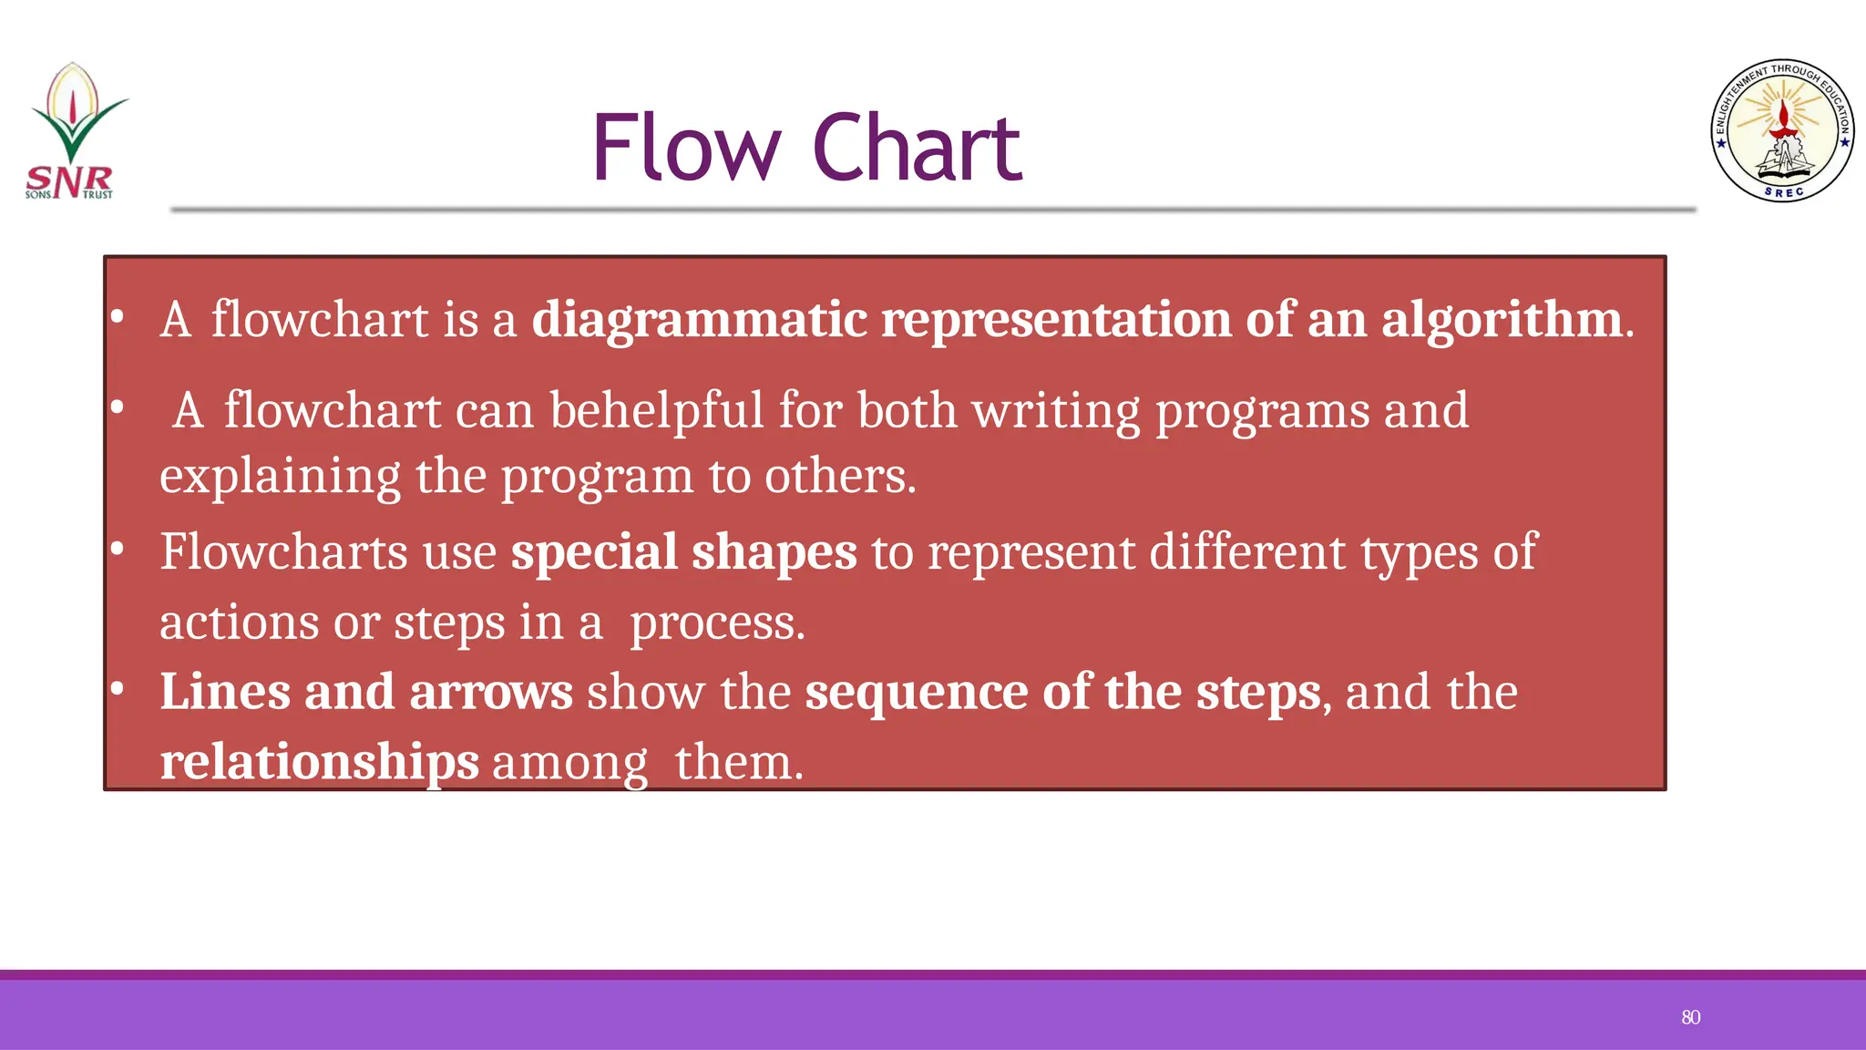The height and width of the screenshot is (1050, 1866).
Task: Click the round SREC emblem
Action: pos(1782,130)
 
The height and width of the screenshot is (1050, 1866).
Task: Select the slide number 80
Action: pos(1690,1017)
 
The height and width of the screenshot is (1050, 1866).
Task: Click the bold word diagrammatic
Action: pos(699,321)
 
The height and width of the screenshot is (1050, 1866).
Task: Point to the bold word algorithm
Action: pos(1501,321)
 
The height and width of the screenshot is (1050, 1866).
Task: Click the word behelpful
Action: pos(656,411)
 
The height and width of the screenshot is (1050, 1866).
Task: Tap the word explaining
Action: pos(280,477)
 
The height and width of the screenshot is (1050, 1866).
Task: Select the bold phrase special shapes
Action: pos(683,552)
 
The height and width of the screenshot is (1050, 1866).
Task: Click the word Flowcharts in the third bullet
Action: pos(283,552)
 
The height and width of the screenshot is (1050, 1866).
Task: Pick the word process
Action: pos(716,623)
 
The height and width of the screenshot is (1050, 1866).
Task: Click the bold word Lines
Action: pos(225,692)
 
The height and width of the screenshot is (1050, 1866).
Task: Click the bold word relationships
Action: pos(319,762)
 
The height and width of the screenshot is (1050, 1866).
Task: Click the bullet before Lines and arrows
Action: pos(117,689)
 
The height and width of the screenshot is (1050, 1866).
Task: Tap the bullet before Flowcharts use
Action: pos(117,550)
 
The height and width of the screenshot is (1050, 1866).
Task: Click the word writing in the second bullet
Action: pos(1056,411)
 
